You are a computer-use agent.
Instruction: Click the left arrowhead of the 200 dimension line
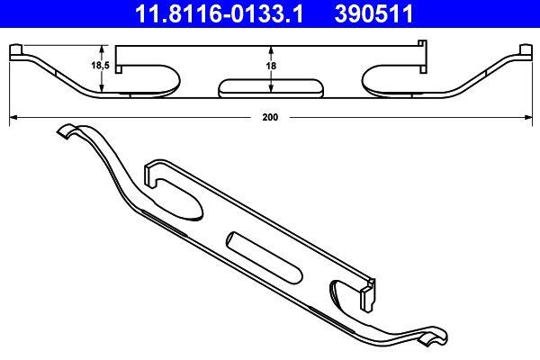(x=11, y=117)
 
